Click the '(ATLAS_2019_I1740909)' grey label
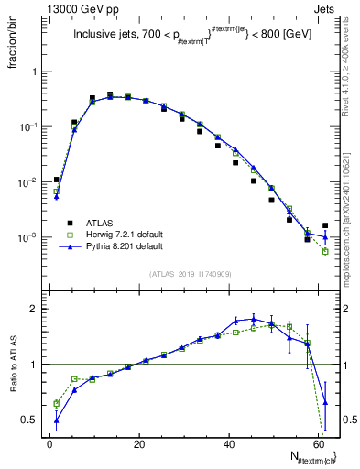click(x=190, y=274)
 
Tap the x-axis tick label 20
click(x=137, y=443)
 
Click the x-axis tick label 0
click(x=49, y=443)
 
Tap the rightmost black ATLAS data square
click(x=326, y=225)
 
